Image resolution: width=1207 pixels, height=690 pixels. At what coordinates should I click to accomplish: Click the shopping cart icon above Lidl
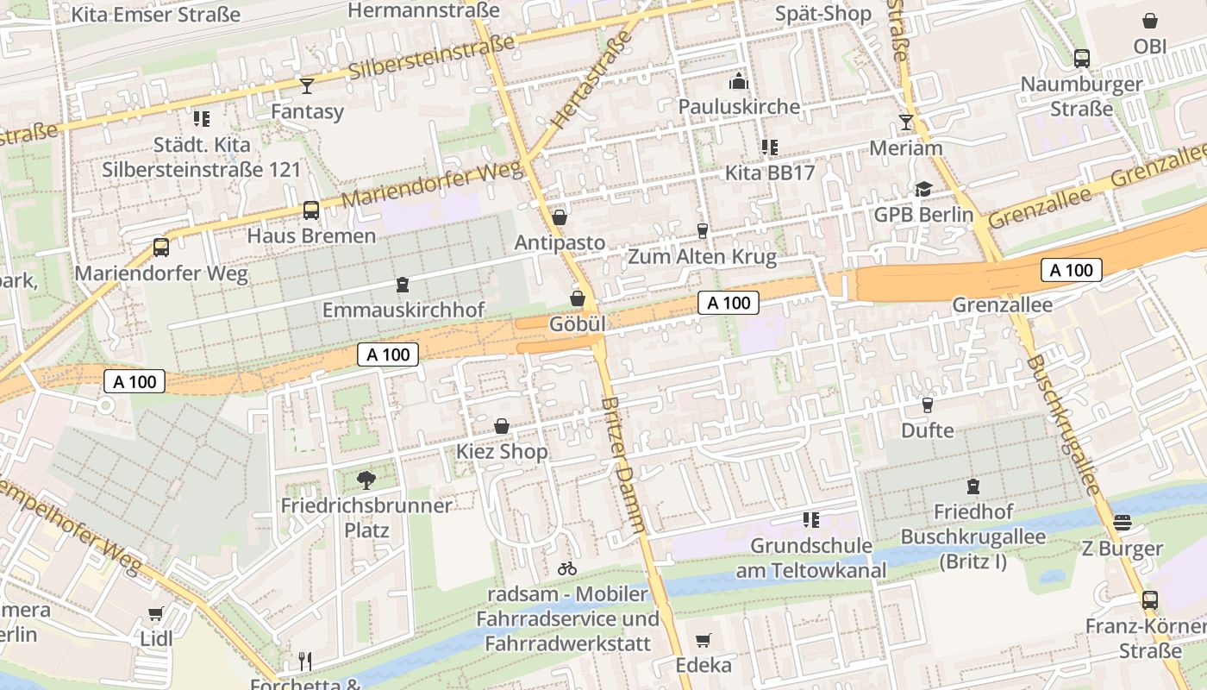coord(155,614)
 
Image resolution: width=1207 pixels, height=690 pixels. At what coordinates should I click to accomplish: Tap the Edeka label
coord(704,665)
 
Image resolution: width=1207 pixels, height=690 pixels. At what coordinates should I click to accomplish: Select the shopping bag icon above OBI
coord(1150,21)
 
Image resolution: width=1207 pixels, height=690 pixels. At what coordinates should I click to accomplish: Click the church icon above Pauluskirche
coord(739,82)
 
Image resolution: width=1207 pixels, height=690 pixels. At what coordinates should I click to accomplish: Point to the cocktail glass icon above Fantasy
coord(306,85)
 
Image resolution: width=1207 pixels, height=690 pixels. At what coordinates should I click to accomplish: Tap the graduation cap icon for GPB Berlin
coord(923,190)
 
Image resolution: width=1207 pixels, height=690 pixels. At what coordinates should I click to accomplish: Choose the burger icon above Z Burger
coord(1122,523)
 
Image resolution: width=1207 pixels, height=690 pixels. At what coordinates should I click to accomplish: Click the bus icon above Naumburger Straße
coord(1081,59)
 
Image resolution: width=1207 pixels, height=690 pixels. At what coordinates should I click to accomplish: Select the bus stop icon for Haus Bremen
coord(311,210)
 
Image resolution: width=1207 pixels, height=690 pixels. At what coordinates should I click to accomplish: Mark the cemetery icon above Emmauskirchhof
coord(403,284)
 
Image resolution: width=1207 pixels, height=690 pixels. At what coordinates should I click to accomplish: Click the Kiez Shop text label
coord(502,452)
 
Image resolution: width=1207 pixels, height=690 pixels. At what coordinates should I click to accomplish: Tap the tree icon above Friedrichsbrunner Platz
coord(366,480)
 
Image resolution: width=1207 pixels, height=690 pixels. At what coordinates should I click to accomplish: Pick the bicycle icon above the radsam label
coord(567,568)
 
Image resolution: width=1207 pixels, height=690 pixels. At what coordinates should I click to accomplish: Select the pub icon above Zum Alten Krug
coord(702,230)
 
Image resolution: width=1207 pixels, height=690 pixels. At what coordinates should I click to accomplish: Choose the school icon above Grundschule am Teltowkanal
coord(810,519)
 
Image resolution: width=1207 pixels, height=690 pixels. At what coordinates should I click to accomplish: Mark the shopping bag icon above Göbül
coord(577,298)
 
